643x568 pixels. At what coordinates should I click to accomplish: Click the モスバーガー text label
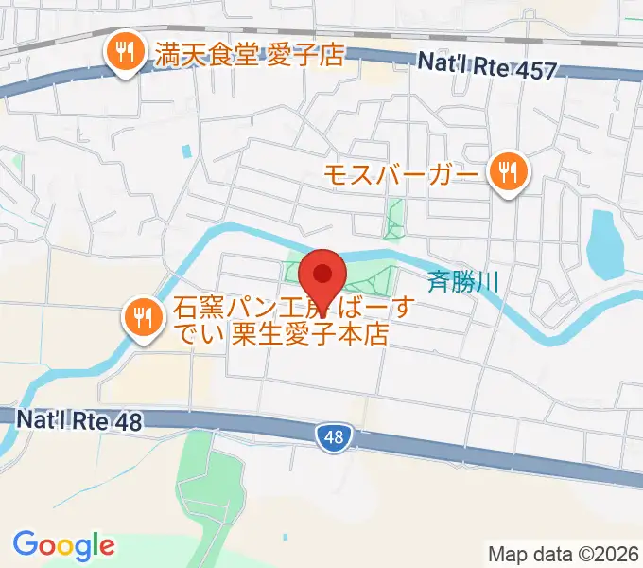click(401, 173)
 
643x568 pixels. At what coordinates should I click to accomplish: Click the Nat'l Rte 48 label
click(79, 418)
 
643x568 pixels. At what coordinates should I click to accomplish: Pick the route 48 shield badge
click(331, 436)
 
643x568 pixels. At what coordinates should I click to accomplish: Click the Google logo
click(63, 545)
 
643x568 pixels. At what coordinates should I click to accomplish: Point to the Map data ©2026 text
click(564, 554)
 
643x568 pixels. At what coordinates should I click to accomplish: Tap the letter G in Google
click(26, 544)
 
